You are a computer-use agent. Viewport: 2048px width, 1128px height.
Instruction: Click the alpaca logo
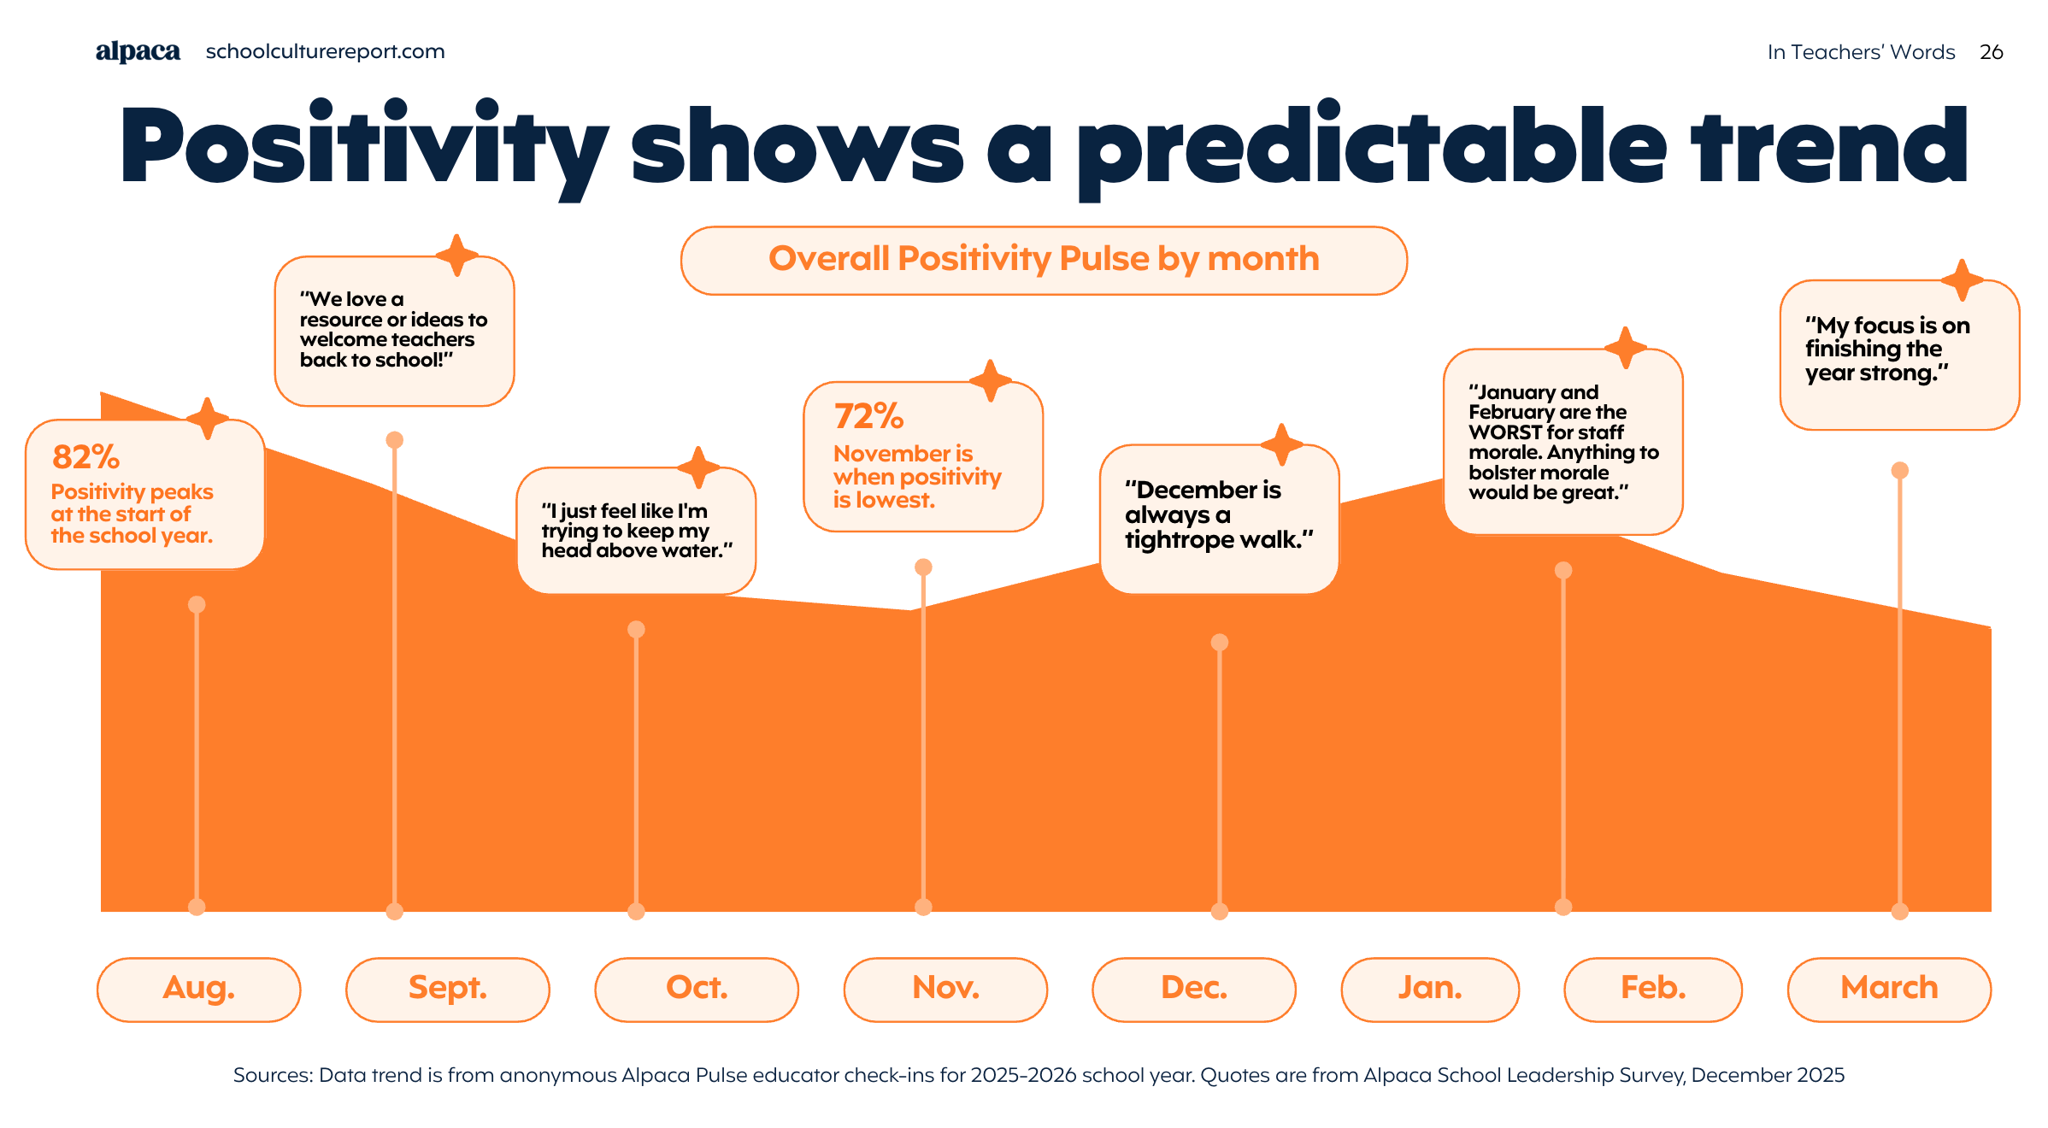[138, 52]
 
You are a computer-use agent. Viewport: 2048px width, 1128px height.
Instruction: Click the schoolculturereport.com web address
[325, 51]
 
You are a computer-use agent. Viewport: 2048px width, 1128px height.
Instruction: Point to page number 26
[1991, 52]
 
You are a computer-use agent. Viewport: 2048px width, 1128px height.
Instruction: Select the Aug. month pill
[199, 989]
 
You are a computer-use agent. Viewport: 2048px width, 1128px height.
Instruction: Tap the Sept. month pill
[447, 989]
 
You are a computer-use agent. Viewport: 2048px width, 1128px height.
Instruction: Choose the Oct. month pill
[697, 989]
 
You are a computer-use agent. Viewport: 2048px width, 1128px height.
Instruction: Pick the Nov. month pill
[945, 989]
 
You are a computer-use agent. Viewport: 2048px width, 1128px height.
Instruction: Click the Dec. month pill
[1194, 989]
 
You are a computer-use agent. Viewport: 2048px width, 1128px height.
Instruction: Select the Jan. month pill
[1430, 989]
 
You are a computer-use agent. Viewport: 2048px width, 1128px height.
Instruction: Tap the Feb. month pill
[1653, 989]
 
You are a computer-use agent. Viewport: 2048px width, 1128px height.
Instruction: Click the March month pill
[1889, 989]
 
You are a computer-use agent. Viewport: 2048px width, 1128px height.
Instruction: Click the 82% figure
[85, 457]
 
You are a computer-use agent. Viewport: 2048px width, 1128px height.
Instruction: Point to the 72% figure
[868, 417]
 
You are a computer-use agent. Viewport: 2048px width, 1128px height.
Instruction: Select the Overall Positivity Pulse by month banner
[1044, 260]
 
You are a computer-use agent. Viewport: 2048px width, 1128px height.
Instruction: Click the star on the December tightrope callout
[1281, 444]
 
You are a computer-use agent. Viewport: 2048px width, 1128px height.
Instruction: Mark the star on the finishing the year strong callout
[1962, 279]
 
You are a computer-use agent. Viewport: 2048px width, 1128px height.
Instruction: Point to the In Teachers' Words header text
[1861, 52]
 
